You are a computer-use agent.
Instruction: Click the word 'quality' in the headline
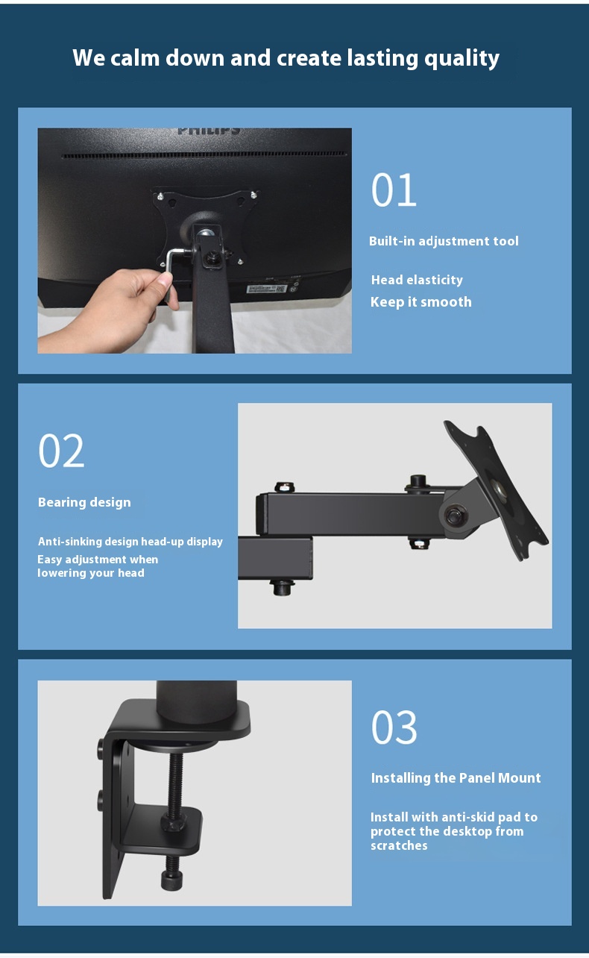462,59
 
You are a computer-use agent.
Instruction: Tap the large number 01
394,190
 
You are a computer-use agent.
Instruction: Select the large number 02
61,451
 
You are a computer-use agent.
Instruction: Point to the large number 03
394,727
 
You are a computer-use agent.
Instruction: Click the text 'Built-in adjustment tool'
444,241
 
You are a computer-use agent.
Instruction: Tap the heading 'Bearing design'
84,503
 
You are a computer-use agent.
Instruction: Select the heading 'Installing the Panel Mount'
456,778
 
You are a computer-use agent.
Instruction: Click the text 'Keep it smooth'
421,302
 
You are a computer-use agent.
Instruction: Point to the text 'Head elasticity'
417,280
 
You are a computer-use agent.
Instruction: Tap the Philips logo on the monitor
209,131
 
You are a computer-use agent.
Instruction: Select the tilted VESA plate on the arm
496,489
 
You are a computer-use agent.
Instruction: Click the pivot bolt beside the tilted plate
455,516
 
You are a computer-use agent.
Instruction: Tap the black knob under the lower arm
282,587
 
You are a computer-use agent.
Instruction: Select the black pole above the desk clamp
197,700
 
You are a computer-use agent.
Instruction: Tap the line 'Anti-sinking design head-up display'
130,542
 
